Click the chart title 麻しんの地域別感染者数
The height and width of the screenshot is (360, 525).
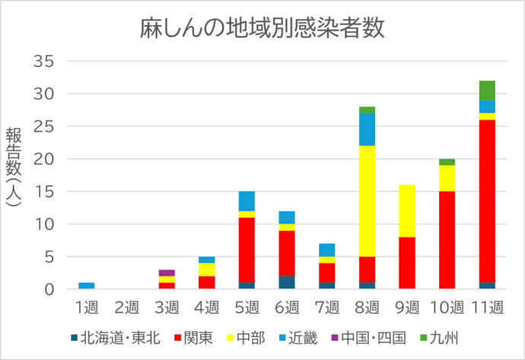point(262,28)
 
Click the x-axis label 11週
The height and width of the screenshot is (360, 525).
point(487,307)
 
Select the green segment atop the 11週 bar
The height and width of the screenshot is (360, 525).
point(487,90)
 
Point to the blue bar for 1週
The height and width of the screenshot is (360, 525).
point(87,286)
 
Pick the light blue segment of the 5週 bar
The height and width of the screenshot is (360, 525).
point(247,201)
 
